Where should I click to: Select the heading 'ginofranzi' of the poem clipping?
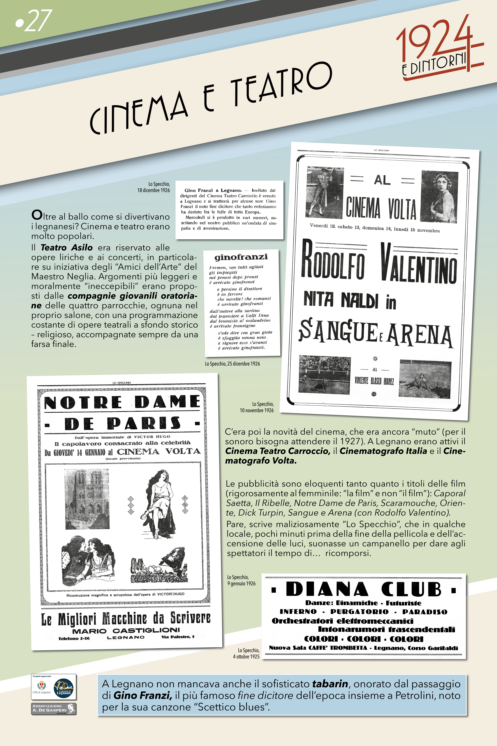pos(241,257)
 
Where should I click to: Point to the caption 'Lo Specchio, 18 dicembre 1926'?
pos(154,187)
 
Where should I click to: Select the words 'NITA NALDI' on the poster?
pos(341,300)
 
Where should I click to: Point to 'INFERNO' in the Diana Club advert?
pos(298,612)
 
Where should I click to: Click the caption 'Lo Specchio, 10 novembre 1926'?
pos(257,407)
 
